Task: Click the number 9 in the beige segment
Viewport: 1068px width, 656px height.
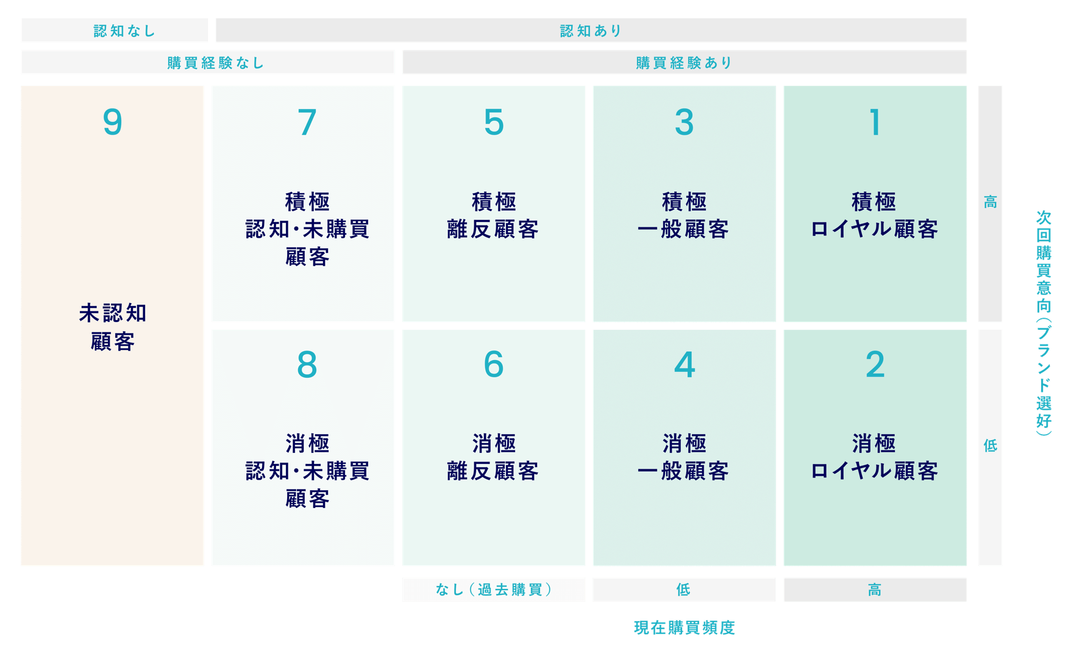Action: click(112, 122)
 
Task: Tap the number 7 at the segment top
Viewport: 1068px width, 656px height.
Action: click(307, 122)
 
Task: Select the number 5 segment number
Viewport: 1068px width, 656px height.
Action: click(494, 122)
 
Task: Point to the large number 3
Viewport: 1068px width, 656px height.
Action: click(684, 122)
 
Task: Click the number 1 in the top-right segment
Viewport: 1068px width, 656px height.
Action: click(875, 122)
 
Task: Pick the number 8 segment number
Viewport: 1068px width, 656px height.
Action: click(307, 365)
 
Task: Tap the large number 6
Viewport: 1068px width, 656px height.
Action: click(494, 365)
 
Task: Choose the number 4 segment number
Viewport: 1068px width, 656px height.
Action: click(684, 365)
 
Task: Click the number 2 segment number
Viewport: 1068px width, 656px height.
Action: click(875, 365)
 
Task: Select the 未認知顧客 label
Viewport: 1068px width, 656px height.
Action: click(113, 327)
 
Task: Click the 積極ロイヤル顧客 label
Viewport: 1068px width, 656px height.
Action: click(874, 215)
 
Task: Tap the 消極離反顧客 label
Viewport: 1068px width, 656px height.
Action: click(493, 457)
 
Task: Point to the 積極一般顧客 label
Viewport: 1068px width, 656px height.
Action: click(683, 215)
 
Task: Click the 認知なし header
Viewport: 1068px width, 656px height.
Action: click(125, 30)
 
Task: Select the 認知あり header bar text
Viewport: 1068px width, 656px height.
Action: click(591, 30)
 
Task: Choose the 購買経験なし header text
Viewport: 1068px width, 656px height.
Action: click(216, 63)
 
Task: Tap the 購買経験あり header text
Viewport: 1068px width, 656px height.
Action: click(684, 63)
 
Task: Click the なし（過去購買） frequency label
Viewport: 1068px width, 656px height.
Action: click(494, 590)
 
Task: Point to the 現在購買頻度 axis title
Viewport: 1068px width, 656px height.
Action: click(685, 627)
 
